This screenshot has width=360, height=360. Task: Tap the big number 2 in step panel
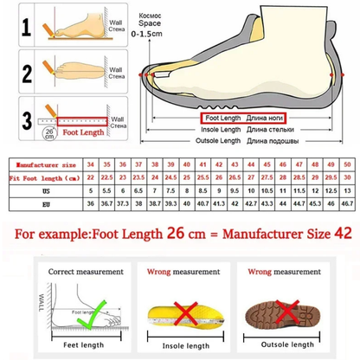(x=26, y=72)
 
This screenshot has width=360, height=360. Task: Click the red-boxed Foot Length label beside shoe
(x=221, y=116)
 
